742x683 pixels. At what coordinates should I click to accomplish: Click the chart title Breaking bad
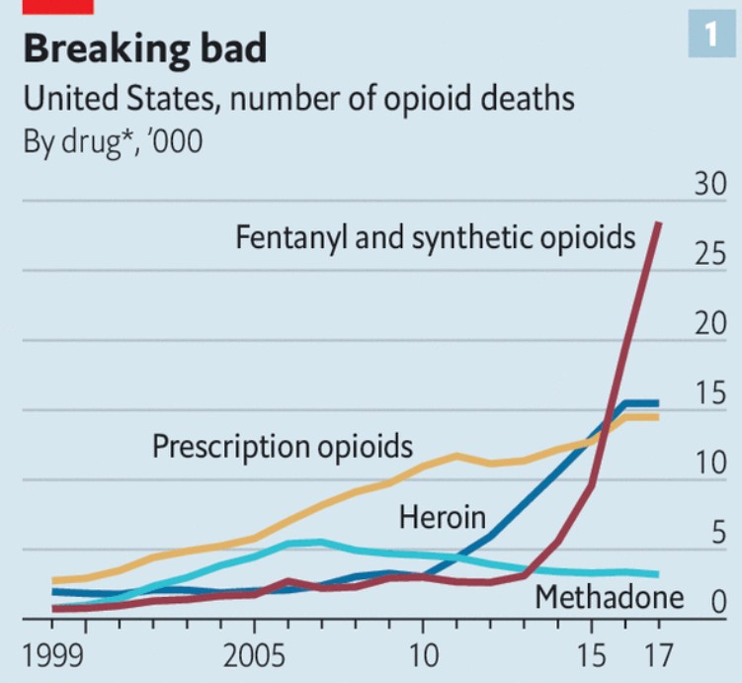click(x=144, y=48)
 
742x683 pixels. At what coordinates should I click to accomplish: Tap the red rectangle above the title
click(x=57, y=6)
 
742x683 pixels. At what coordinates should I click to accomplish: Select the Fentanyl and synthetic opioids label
click(x=435, y=238)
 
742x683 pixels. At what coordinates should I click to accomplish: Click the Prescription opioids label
click(x=282, y=446)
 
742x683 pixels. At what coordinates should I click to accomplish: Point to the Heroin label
click(x=443, y=516)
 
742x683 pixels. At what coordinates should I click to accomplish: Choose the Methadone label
click(x=609, y=597)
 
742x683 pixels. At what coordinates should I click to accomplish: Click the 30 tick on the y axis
click(x=708, y=186)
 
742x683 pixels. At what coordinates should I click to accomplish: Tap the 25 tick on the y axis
click(x=709, y=256)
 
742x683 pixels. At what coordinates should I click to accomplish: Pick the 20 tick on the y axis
click(x=708, y=325)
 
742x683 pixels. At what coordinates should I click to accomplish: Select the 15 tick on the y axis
click(x=708, y=395)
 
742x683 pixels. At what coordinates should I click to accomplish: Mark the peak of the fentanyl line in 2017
click(x=659, y=224)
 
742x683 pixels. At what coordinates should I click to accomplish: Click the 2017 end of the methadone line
click(x=659, y=574)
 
